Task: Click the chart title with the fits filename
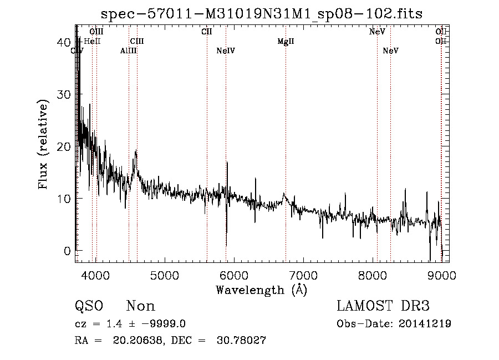click(x=262, y=14)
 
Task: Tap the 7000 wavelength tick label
click(x=303, y=274)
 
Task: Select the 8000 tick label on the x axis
click(x=373, y=274)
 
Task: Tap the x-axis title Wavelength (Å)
click(x=261, y=290)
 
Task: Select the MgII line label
click(x=286, y=42)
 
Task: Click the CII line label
click(x=207, y=32)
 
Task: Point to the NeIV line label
click(x=226, y=51)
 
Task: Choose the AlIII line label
click(x=129, y=51)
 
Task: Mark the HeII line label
click(x=92, y=41)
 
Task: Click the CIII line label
click(x=137, y=41)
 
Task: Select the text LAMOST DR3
click(x=383, y=306)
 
